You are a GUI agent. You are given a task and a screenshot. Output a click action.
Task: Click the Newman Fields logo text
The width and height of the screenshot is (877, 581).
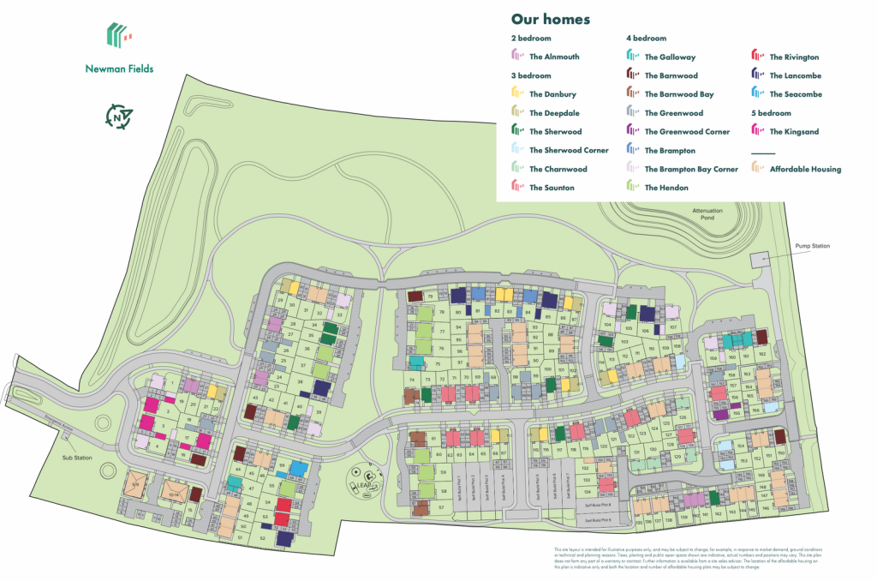pyautogui.click(x=119, y=69)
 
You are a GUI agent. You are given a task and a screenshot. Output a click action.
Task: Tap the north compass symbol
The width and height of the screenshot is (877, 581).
pyautogui.click(x=119, y=117)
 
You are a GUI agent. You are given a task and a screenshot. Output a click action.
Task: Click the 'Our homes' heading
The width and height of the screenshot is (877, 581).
pyautogui.click(x=550, y=19)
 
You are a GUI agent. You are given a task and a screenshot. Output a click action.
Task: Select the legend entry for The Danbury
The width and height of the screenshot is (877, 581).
pyautogui.click(x=552, y=94)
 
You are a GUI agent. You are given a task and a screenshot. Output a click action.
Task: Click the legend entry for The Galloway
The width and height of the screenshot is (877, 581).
pyautogui.click(x=671, y=57)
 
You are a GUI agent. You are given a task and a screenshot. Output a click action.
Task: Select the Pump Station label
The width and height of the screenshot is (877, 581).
pyautogui.click(x=812, y=247)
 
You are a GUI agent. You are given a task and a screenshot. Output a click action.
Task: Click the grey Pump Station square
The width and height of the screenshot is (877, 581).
pyautogui.click(x=759, y=259)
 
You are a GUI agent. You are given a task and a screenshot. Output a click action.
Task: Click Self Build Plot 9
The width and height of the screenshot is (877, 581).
pyautogui.click(x=599, y=520)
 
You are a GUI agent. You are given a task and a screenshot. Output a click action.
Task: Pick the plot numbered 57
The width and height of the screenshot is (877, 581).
pyautogui.click(x=441, y=508)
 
